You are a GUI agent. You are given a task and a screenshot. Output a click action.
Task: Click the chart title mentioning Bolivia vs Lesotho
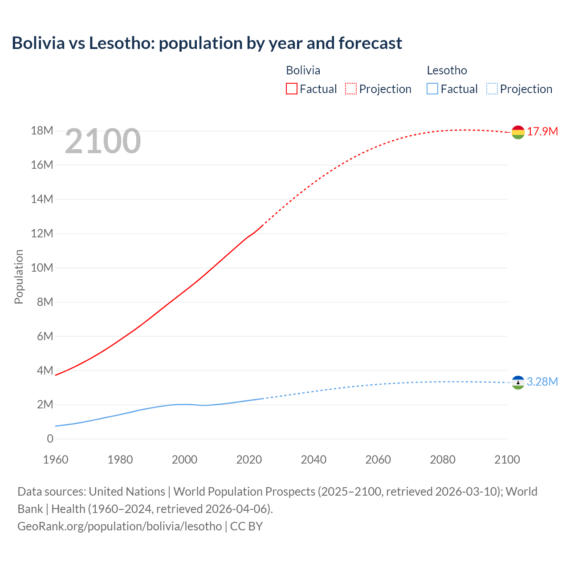(207, 43)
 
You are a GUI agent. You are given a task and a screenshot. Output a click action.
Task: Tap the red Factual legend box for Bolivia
(292, 89)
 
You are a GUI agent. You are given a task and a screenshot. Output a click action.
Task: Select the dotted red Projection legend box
(351, 89)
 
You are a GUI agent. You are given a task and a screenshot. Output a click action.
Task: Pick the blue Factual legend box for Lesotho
(432, 89)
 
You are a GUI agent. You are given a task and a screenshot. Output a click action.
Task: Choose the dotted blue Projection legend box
(492, 89)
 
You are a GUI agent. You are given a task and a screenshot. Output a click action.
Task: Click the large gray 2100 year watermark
(103, 141)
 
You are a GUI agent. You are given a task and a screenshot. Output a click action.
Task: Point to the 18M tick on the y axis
(42, 130)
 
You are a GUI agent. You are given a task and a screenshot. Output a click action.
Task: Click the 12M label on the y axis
(42, 233)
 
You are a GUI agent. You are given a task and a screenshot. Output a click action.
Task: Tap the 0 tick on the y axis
(50, 439)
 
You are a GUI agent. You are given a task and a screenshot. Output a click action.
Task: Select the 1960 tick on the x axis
(56, 460)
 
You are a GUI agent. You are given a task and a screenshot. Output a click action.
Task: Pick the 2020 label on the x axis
(249, 460)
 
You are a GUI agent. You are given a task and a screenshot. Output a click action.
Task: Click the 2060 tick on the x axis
(378, 460)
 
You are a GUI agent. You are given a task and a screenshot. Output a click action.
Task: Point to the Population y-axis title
(19, 277)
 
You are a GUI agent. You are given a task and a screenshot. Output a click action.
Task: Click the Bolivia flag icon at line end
(518, 132)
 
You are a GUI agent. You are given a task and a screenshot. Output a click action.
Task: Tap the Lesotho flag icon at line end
(518, 383)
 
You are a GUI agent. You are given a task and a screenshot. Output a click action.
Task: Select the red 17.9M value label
(542, 131)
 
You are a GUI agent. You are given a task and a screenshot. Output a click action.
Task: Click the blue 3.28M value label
(542, 382)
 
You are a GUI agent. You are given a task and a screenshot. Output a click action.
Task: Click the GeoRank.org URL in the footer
(119, 526)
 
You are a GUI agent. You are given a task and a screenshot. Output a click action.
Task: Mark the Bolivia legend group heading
(303, 70)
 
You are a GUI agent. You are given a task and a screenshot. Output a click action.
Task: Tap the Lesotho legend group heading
(447, 70)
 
